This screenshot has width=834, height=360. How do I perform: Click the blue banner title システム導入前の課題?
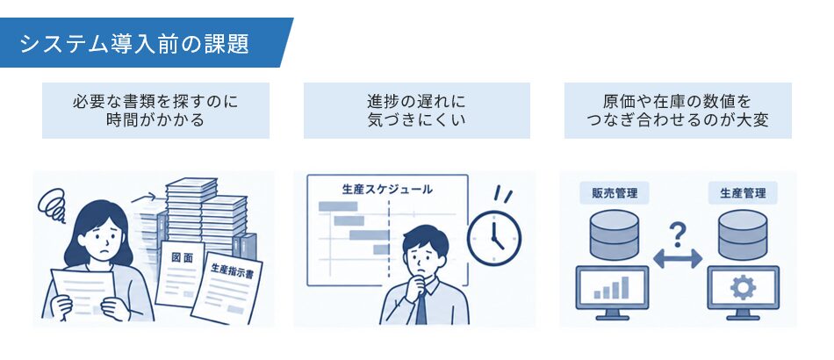(x=134, y=44)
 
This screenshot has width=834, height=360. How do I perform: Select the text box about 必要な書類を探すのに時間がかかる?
(x=155, y=111)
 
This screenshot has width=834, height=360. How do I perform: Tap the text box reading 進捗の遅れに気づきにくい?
(x=416, y=111)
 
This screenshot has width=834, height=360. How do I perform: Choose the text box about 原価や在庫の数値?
(x=678, y=111)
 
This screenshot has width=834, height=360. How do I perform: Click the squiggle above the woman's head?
(x=52, y=205)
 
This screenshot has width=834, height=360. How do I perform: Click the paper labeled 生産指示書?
(x=227, y=287)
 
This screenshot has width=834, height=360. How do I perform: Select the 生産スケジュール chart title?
(x=386, y=189)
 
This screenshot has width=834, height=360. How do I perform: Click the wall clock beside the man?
(x=494, y=236)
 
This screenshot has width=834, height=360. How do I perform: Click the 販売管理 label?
(x=614, y=192)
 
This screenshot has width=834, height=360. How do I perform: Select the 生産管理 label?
(x=743, y=192)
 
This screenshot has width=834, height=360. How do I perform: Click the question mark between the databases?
(x=677, y=234)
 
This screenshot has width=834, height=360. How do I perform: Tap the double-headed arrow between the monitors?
(x=678, y=259)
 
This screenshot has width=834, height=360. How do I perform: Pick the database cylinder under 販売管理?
(x=615, y=234)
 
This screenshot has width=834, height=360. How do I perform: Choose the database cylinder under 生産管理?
(x=743, y=234)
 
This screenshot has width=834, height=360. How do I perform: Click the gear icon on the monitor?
(x=743, y=288)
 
